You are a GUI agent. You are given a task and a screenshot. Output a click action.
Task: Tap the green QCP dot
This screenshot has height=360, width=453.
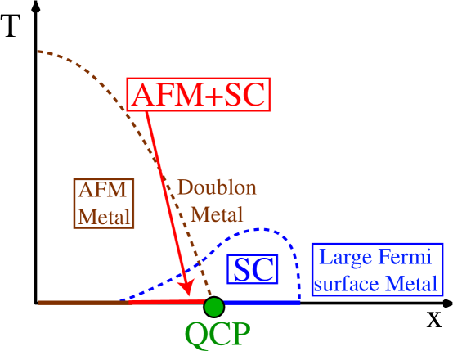[x=213, y=307]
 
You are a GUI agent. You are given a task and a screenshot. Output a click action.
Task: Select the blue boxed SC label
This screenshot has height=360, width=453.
[x=253, y=270]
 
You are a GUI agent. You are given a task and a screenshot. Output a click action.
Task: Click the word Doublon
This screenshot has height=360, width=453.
[x=217, y=187]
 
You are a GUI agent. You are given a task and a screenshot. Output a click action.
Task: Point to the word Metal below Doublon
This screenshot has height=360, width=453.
[x=217, y=214]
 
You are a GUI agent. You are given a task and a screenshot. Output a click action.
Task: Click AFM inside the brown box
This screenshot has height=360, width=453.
[x=103, y=190]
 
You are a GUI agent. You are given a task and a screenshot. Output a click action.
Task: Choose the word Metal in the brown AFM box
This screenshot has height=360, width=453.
[x=104, y=216]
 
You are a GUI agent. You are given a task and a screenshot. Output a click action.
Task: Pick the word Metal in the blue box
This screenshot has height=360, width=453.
[x=414, y=284]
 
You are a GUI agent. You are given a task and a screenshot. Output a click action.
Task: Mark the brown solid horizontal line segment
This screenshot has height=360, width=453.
[x=82, y=303]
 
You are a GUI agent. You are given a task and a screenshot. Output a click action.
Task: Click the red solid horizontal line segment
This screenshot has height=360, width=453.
[x=164, y=302]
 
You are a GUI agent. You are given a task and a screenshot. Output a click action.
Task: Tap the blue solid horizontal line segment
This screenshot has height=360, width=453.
[x=262, y=303]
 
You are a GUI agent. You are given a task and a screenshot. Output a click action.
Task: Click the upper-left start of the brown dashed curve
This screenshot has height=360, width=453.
[x=38, y=52]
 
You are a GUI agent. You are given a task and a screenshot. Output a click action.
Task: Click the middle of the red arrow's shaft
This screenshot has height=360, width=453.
[x=168, y=200]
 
